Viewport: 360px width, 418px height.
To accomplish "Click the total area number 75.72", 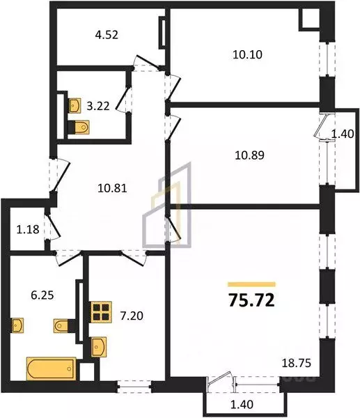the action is pyautogui.click(x=251, y=300).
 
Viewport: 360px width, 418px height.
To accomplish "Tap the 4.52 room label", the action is pyautogui.click(x=107, y=35).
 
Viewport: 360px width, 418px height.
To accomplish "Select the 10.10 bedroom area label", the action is pyautogui.click(x=248, y=54).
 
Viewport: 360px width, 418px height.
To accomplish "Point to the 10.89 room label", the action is pyautogui.click(x=249, y=155).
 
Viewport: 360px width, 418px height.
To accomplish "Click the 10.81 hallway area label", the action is pyautogui.click(x=112, y=189).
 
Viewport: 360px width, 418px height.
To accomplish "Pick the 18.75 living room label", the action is pyautogui.click(x=297, y=363).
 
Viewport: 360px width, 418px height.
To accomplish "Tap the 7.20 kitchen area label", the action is pyautogui.click(x=132, y=316).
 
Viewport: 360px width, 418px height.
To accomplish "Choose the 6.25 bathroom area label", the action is pyautogui.click(x=42, y=295).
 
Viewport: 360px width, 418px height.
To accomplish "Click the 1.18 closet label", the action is pyautogui.click(x=28, y=229).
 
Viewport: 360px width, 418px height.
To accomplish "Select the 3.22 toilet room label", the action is pyautogui.click(x=98, y=107).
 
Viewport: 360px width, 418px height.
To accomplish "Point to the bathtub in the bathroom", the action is pyautogui.click(x=51, y=369).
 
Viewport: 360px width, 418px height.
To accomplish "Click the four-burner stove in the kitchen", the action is pyautogui.click(x=101, y=312).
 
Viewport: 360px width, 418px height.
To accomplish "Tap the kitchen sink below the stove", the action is pyautogui.click(x=99, y=347).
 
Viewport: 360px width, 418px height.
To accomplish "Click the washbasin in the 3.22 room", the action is pyautogui.click(x=75, y=106).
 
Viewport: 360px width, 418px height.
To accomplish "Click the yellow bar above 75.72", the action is pyautogui.click(x=251, y=284).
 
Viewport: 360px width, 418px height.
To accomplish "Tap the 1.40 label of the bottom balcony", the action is pyautogui.click(x=242, y=404).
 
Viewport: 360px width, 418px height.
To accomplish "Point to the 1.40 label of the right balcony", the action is pyautogui.click(x=343, y=134).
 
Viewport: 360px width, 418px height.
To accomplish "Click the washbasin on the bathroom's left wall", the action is pyautogui.click(x=17, y=325).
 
